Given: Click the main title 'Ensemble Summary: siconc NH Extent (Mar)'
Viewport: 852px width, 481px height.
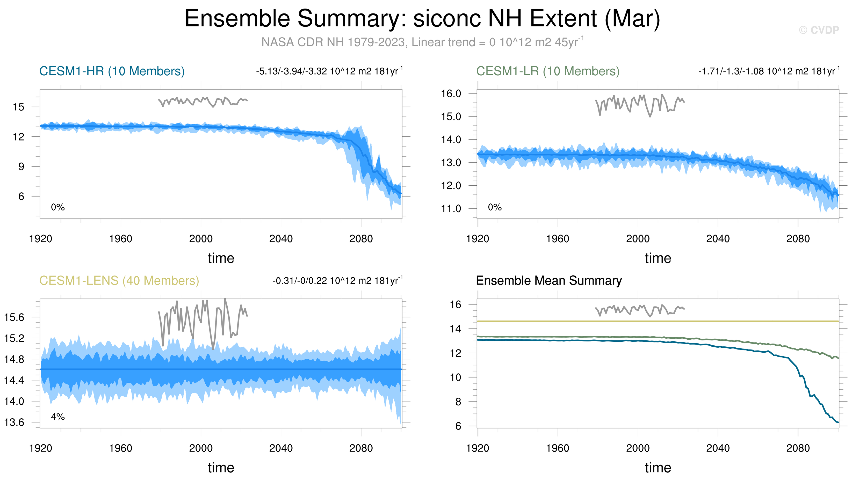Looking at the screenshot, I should coord(422,19).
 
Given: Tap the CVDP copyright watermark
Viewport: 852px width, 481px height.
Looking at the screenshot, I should coord(819,30).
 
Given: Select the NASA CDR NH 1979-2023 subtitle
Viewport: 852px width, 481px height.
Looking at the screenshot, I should coord(422,42).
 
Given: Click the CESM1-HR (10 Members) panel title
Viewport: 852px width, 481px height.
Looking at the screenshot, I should coord(112,71).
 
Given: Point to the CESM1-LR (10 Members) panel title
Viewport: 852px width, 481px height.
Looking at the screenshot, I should coord(548,71).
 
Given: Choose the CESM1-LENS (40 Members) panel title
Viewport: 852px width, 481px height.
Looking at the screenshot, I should coord(119,281).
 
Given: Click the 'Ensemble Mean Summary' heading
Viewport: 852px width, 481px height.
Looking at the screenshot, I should coord(549,281).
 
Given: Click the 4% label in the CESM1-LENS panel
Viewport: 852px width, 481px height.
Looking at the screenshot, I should coord(58,417).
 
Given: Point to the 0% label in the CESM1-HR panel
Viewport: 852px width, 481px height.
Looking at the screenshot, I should coord(58,207).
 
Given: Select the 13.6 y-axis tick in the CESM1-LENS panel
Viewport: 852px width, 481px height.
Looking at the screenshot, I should coord(14,422).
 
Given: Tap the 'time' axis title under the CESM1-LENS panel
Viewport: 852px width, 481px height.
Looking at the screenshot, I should coord(221,468).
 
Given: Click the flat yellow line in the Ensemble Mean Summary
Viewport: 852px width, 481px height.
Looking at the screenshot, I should coord(661,321).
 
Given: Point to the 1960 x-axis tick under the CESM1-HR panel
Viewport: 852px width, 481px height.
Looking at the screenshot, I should coord(121,239).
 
